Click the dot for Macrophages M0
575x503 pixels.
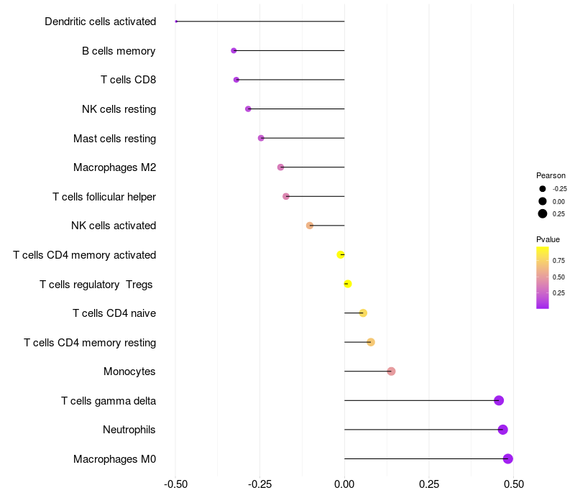click(x=507, y=458)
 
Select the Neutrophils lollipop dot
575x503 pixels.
click(x=502, y=429)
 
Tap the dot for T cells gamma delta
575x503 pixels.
click(x=499, y=400)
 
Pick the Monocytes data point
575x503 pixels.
click(x=391, y=372)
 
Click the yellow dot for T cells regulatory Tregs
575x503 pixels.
click(x=348, y=284)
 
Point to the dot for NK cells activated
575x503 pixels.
click(x=310, y=226)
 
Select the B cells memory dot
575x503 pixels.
click(x=234, y=50)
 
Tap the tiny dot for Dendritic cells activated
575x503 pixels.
click(x=176, y=22)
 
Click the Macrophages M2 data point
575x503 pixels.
click(x=280, y=167)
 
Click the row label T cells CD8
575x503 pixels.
click(x=129, y=80)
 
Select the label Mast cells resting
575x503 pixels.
click(x=115, y=139)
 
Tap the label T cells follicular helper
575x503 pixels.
click(x=104, y=197)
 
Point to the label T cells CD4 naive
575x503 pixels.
click(x=114, y=313)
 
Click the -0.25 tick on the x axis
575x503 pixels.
click(x=260, y=484)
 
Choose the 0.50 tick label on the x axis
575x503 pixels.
click(x=514, y=484)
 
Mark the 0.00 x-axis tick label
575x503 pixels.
click(x=345, y=484)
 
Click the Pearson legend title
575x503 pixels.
click(x=551, y=175)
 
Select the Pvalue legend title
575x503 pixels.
click(x=548, y=239)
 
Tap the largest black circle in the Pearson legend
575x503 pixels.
click(x=543, y=213)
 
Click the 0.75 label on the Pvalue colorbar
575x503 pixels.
click(x=559, y=261)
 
